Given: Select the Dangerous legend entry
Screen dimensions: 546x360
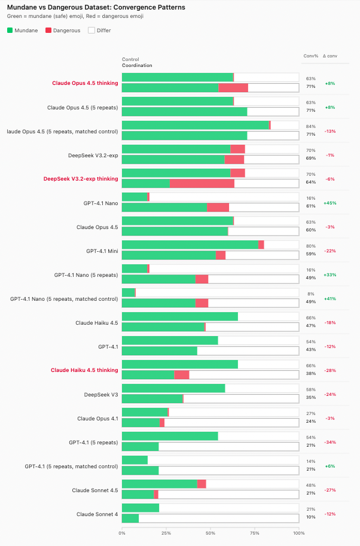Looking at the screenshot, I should pyautogui.click(x=66, y=30).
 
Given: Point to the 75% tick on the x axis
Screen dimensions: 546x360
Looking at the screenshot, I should pyautogui.click(x=255, y=532).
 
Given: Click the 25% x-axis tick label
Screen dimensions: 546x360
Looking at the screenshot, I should pyautogui.click(x=166, y=532).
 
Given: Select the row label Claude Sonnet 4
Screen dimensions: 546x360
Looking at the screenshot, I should pyautogui.click(x=97, y=514).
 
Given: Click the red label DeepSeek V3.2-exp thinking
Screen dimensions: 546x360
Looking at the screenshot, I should pyautogui.click(x=81, y=179).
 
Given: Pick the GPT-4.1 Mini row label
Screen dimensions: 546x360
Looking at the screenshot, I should pyautogui.click(x=102, y=251).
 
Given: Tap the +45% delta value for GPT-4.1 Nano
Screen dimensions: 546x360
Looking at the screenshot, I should pyautogui.click(x=330, y=203).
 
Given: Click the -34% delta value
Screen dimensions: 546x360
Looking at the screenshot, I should pyautogui.click(x=330, y=442).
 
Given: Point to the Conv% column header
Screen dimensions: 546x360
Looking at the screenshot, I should pyautogui.click(x=310, y=56).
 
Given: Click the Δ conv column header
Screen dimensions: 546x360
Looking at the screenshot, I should pyautogui.click(x=330, y=56).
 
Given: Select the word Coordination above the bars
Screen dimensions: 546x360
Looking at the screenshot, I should pyautogui.click(x=137, y=65).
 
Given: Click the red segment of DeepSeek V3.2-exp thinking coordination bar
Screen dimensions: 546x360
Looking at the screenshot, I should pyautogui.click(x=202, y=183).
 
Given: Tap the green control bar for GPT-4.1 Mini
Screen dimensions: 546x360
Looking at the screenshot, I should pyautogui.click(x=190, y=245).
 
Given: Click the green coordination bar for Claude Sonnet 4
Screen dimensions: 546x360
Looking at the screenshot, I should pyautogui.click(x=130, y=518).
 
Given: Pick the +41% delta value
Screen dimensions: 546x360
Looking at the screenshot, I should pyautogui.click(x=330, y=298).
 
